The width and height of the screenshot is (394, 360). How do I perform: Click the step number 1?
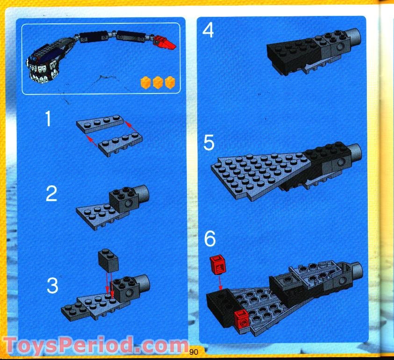click(x=48, y=120)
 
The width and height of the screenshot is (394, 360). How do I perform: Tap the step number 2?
click(x=51, y=193)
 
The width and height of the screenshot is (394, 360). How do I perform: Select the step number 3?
click(x=52, y=286)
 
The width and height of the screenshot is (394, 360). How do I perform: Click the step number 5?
click(x=209, y=143)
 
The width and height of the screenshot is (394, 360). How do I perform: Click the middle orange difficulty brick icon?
click(x=158, y=83)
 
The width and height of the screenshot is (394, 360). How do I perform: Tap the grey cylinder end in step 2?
click(x=141, y=192)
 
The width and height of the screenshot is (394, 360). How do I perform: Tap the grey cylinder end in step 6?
click(x=356, y=269)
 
